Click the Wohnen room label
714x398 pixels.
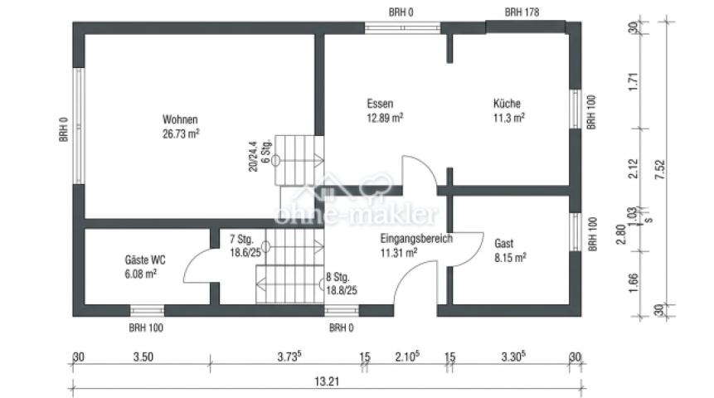coord(180,119)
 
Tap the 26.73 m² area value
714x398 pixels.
coord(182,132)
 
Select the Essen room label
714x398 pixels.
coord(379,104)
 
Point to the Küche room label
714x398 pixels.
coord(507,104)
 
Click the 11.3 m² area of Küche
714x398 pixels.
coord(508,118)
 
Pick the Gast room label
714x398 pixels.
coord(503,244)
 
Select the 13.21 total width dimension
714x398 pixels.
coord(324,382)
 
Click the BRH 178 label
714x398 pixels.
coord(522,12)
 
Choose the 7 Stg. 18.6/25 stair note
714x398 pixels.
coord(245,246)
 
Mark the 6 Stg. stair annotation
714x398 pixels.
coord(265,156)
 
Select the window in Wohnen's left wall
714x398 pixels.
coord(80,126)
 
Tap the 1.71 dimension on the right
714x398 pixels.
coord(634,83)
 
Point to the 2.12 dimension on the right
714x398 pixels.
coord(634,168)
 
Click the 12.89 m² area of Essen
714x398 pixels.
coord(385,118)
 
